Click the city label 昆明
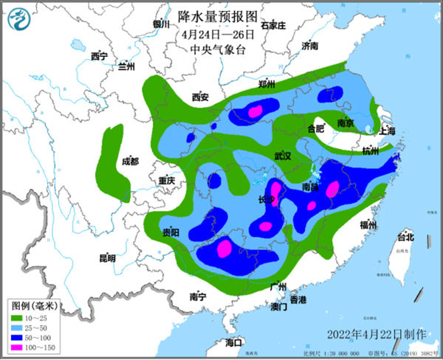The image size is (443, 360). point(108,258)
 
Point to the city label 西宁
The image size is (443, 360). point(99,57)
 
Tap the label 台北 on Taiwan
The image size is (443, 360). point(406,237)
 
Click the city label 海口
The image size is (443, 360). point(234,342)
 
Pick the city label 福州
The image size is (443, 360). point(368,224)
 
